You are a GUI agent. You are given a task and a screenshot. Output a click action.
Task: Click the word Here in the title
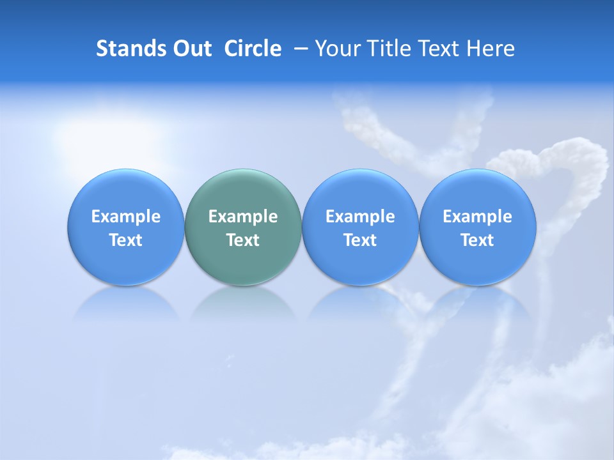pyautogui.click(x=491, y=49)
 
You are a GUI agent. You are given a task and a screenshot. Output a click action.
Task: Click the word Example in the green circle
pyautogui.click(x=243, y=217)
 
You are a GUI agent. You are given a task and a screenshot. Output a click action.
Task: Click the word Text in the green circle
pyautogui.click(x=243, y=240)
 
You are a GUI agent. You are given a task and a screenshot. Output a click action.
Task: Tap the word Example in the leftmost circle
pyautogui.click(x=125, y=217)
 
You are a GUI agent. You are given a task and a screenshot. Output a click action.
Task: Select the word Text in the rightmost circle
pyautogui.click(x=478, y=240)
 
